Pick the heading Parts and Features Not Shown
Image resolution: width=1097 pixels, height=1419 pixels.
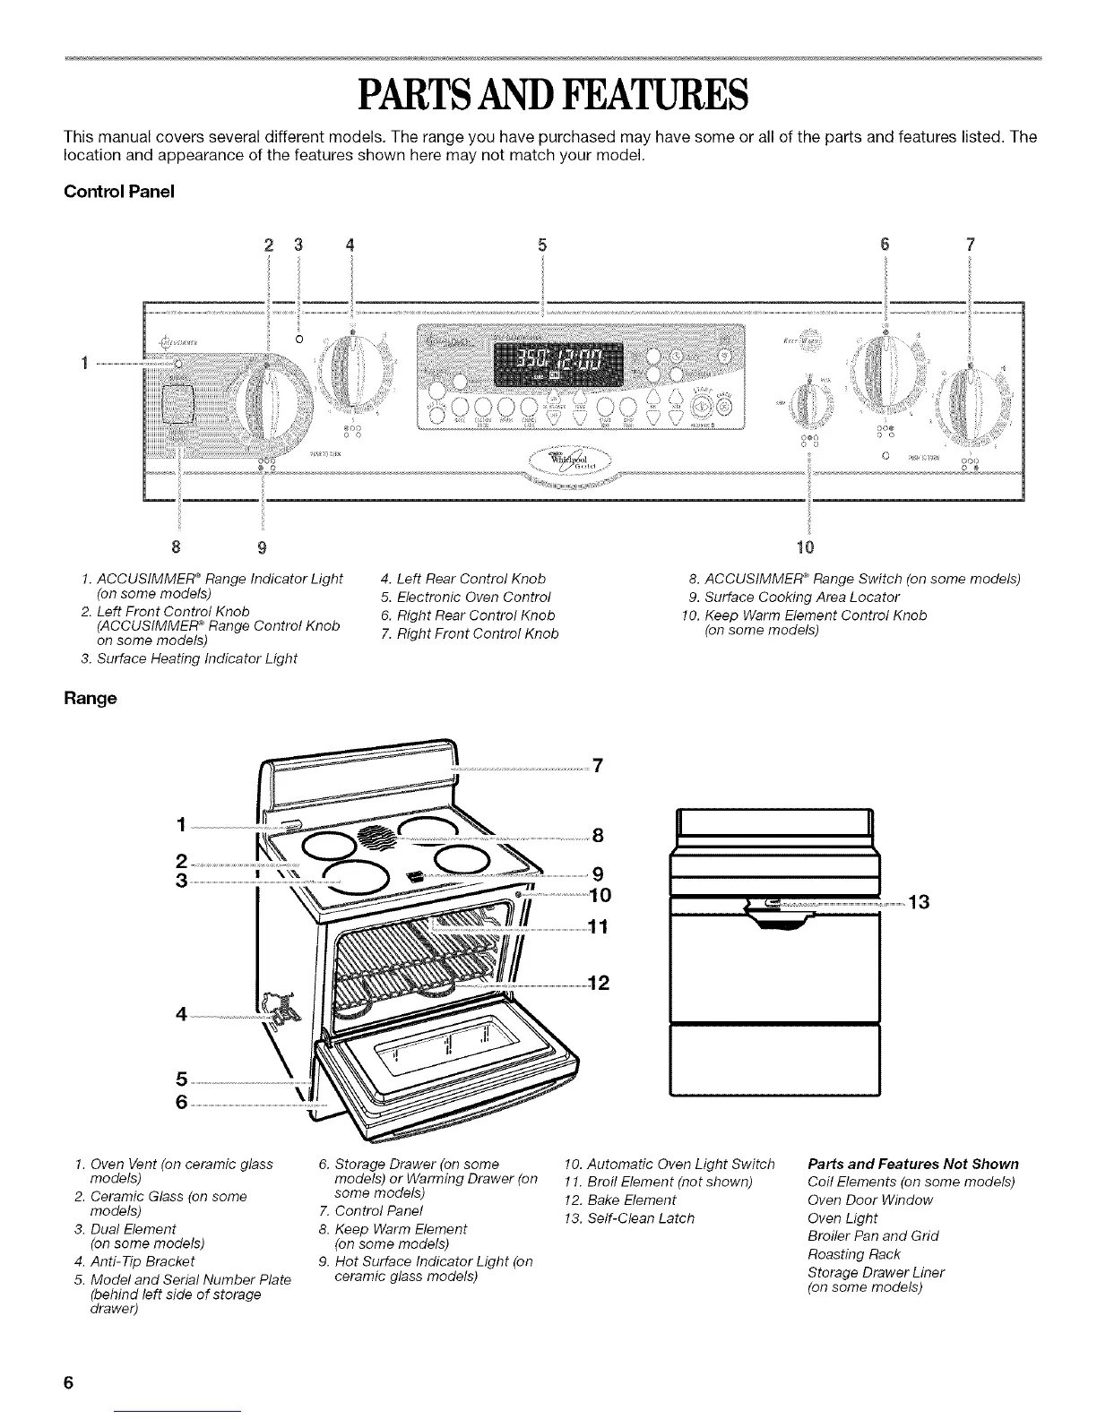pyautogui.click(x=912, y=1164)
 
